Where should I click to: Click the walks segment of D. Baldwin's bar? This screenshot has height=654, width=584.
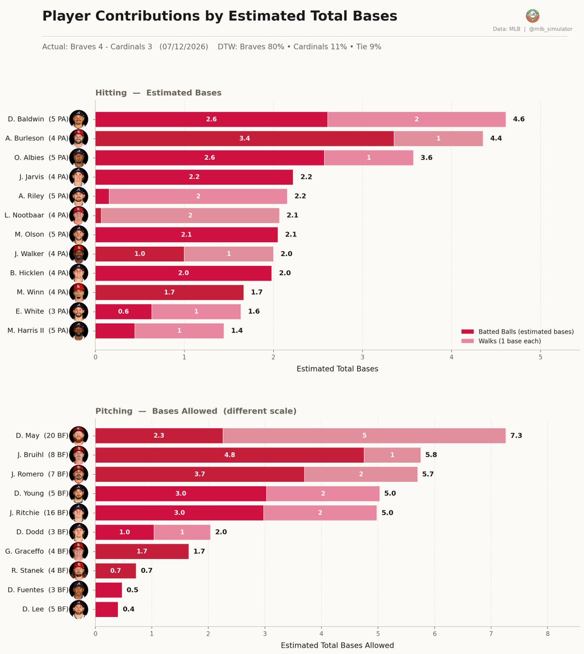click(417, 119)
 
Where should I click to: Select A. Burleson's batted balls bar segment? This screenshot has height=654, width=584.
click(244, 138)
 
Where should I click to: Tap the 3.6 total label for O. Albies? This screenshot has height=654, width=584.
click(426, 158)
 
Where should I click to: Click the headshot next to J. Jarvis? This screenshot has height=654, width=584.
click(79, 177)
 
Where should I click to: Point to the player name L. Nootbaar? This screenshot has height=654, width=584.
click(24, 215)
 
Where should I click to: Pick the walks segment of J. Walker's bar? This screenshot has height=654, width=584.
click(228, 254)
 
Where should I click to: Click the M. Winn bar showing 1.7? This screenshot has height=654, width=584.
click(169, 292)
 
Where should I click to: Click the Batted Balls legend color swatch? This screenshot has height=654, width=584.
click(467, 331)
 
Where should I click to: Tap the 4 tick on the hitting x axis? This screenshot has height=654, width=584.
click(451, 357)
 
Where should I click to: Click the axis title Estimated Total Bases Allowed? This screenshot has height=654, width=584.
click(337, 645)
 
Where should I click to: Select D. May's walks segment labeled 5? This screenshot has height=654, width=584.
click(364, 435)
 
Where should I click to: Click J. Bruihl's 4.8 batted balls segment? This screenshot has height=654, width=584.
click(230, 455)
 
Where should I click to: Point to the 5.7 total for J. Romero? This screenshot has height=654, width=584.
click(428, 474)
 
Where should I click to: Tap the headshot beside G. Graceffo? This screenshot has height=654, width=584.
click(79, 552)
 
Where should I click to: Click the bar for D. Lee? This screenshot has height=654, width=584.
click(106, 609)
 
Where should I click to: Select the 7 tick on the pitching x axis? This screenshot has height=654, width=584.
click(491, 634)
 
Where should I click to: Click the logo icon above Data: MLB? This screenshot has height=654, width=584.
click(532, 15)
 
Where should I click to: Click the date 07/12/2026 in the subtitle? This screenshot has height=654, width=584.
click(184, 47)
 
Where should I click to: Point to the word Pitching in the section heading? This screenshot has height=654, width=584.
click(114, 411)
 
